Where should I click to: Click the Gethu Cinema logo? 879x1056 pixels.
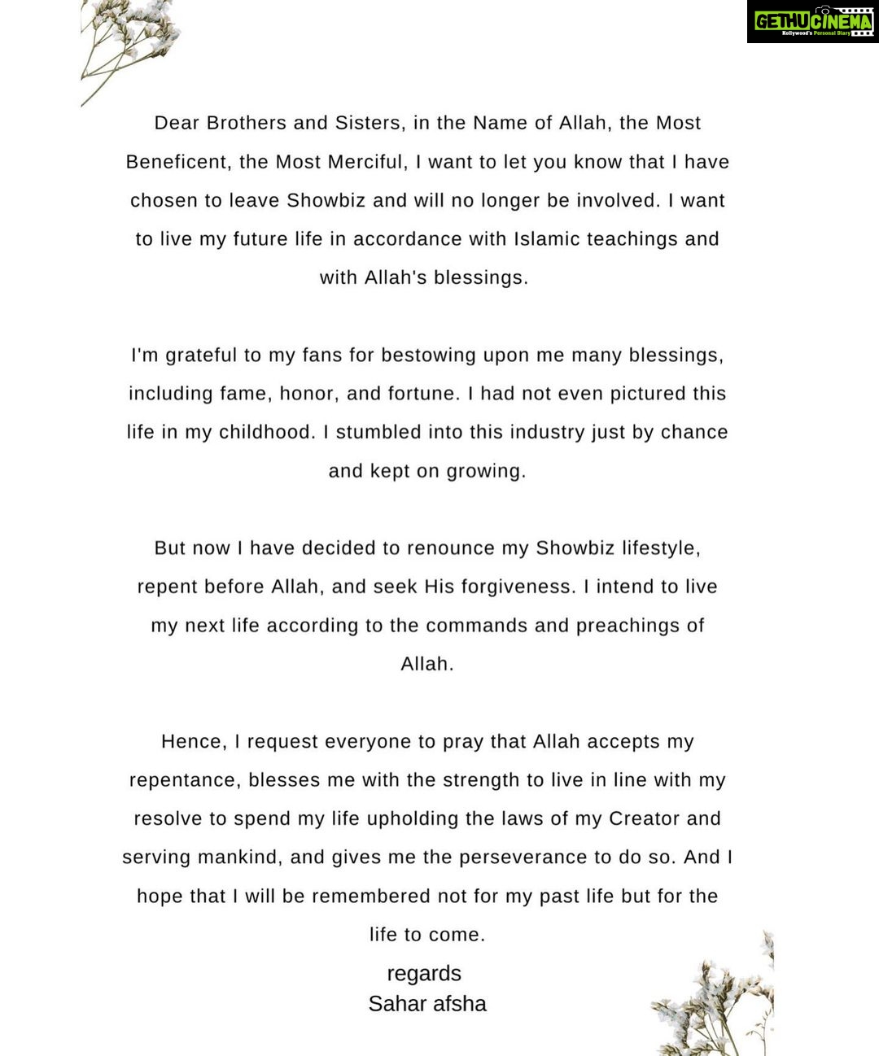pos(812,21)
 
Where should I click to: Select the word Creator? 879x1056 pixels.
pos(644,818)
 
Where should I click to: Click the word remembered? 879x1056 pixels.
pos(371,897)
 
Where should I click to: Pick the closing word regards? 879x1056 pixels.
pos(424,974)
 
